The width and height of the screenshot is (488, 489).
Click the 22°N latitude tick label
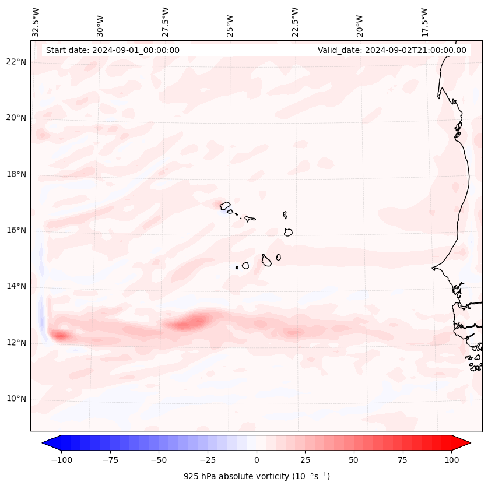(15, 62)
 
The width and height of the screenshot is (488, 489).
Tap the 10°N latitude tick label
(15, 399)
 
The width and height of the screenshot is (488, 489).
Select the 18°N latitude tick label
(15, 175)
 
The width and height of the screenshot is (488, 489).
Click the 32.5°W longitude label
(36, 22)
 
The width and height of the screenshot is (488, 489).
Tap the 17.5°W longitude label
(424, 22)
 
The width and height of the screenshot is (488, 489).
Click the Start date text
(113, 50)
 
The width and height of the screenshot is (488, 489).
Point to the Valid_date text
(392, 50)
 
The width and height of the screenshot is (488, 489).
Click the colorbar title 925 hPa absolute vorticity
(257, 476)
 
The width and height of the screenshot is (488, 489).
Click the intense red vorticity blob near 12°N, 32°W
(59, 335)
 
